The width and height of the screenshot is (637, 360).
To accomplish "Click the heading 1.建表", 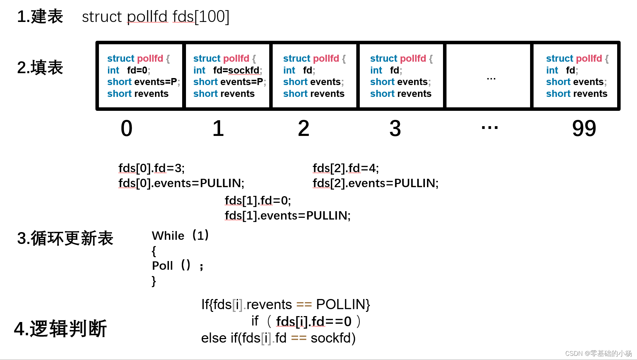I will [40, 17].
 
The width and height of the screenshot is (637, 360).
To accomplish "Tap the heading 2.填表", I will [40, 68].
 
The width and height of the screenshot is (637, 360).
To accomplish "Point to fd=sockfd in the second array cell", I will [237, 70].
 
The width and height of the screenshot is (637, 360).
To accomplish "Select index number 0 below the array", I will [126, 128].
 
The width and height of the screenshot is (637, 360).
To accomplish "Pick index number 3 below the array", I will [395, 128].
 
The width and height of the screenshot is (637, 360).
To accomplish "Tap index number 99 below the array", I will [584, 128].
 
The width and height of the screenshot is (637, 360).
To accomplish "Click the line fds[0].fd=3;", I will [152, 168].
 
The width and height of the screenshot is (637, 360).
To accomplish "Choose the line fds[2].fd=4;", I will [345, 168].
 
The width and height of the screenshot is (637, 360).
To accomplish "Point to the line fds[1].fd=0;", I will [258, 201].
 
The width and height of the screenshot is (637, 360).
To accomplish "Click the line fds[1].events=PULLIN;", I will [287, 216].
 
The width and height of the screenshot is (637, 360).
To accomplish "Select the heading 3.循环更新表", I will [65, 239].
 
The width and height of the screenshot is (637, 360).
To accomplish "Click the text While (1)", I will [180, 236].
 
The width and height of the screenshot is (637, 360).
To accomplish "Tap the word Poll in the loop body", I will [162, 266].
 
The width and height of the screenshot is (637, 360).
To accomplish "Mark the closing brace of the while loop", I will [154, 281].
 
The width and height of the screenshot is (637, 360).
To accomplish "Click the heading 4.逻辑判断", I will [60, 329].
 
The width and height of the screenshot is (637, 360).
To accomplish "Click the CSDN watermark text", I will [598, 353].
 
